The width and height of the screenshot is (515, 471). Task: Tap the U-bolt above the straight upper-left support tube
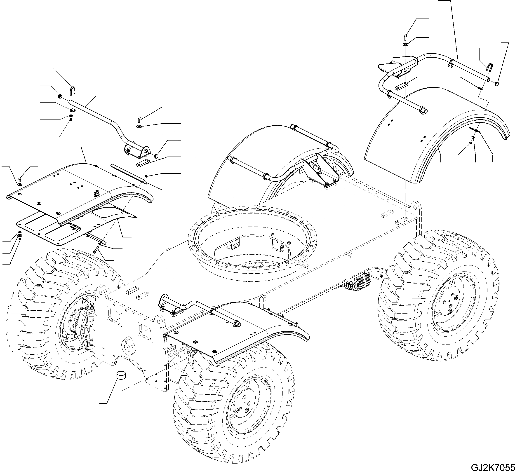[72, 91]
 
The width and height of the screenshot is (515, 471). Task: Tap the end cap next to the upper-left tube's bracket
[156, 156]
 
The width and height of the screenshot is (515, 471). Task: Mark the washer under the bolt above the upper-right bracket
[405, 45]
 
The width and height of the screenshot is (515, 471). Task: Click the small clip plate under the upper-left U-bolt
[72, 110]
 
